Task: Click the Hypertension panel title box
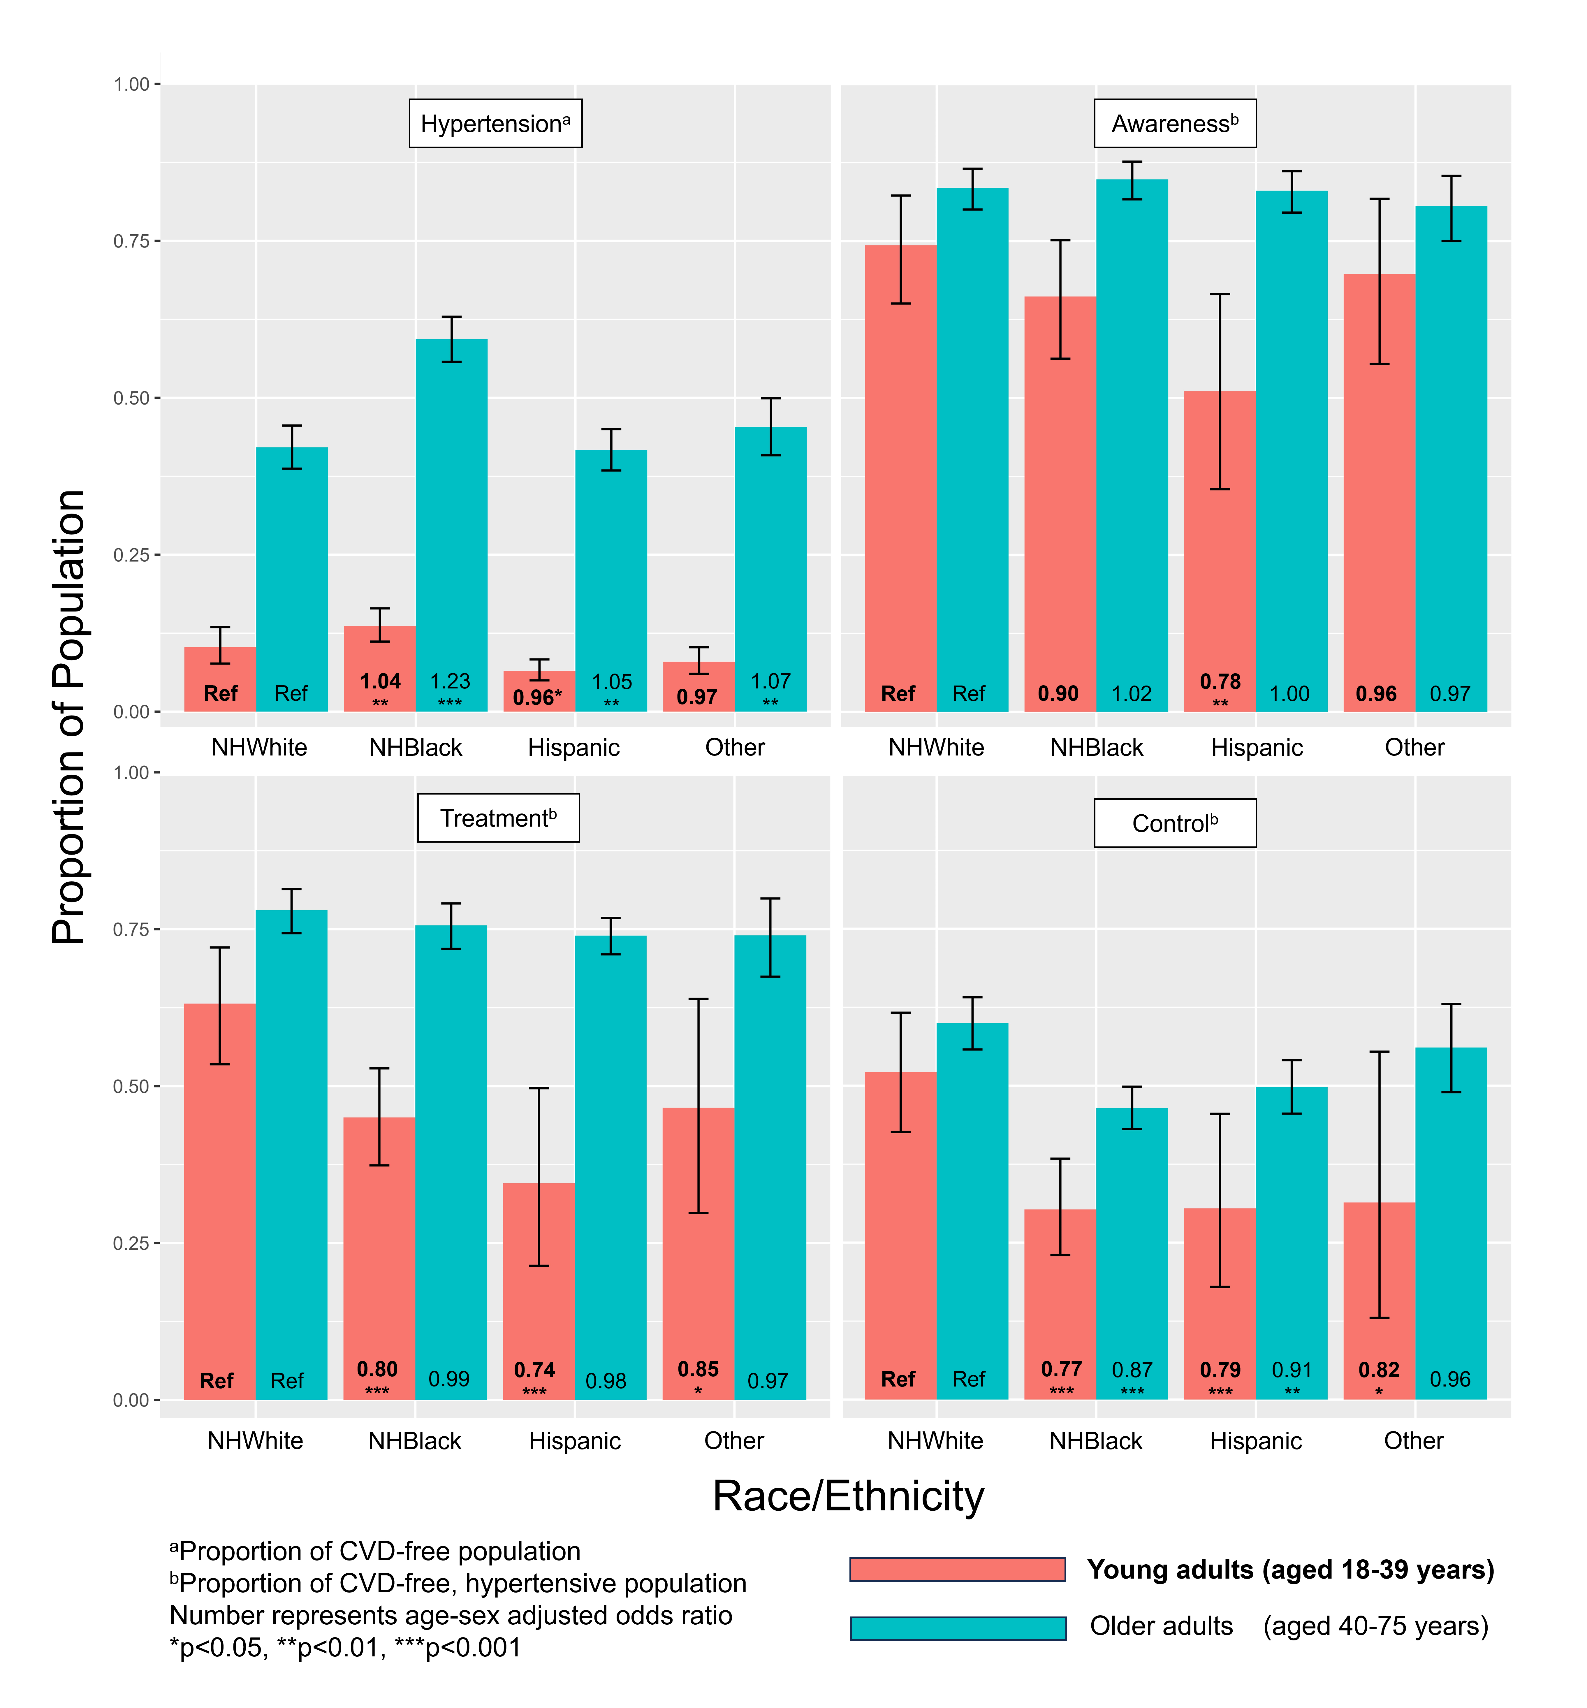coord(495,124)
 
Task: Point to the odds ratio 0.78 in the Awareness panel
coord(1220,682)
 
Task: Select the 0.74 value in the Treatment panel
coord(534,1370)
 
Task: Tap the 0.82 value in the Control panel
coord(1378,1370)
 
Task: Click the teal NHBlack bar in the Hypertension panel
coord(452,515)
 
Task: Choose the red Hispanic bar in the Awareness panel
coord(1220,558)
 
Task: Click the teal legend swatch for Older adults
coord(958,1628)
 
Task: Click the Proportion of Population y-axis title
coord(69,717)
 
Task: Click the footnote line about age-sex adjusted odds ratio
coord(451,1615)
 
